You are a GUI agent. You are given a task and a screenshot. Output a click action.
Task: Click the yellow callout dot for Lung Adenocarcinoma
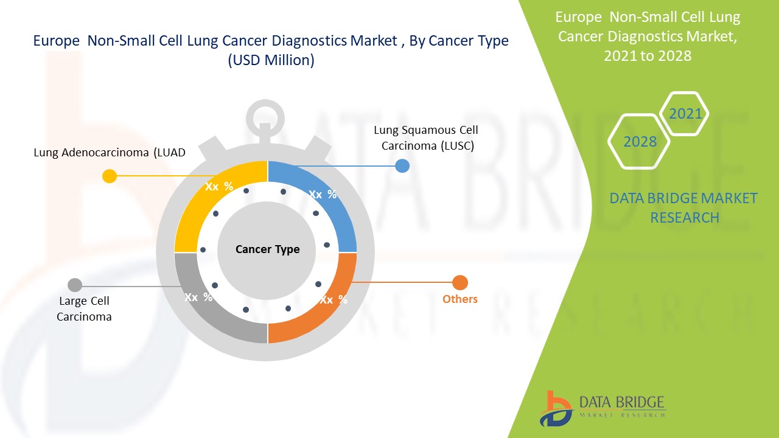tap(110, 176)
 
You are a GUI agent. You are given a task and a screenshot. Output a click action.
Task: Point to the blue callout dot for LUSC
tap(402, 165)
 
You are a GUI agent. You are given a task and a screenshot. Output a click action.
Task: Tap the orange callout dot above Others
tap(460, 283)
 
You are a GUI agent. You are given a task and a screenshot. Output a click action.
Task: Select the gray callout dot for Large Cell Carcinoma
tap(75, 285)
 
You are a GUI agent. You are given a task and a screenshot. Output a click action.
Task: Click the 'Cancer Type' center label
tap(267, 249)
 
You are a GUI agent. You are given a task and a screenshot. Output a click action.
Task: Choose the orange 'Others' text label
tap(459, 299)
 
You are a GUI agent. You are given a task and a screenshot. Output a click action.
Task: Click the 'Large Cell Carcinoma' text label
tap(84, 308)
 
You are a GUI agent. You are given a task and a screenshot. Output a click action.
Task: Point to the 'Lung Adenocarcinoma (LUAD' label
tap(110, 153)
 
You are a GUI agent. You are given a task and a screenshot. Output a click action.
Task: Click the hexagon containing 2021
tap(685, 114)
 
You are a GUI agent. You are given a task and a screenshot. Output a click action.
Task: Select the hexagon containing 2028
tap(640, 142)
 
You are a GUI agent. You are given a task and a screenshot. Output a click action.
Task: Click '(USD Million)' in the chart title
tap(271, 61)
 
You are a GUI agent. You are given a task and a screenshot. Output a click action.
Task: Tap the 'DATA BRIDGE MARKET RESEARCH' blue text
tap(683, 207)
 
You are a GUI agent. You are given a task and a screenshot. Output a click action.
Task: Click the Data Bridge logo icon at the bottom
tap(556, 408)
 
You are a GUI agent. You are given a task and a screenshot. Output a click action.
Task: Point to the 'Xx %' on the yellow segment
tap(219, 187)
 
